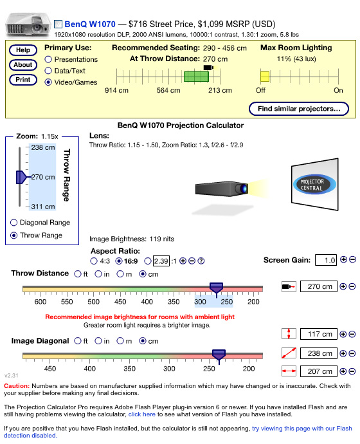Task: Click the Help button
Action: [23, 50]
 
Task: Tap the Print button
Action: [23, 80]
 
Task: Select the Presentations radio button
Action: [48, 59]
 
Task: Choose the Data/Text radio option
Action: [48, 71]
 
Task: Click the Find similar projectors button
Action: [299, 109]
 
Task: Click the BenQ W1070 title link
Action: [90, 24]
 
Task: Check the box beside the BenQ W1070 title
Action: [58, 24]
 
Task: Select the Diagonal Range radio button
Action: [14, 223]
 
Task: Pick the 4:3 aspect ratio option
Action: [94, 261]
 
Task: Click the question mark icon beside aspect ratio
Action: [201, 261]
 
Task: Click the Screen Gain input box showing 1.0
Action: [326, 260]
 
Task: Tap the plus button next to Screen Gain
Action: [343, 259]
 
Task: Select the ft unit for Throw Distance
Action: [78, 274]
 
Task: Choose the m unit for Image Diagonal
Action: [121, 341]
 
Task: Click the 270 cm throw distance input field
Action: [319, 286]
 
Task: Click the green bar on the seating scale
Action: [196, 77]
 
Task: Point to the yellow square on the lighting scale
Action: [265, 77]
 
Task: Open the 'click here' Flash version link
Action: [141, 414]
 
